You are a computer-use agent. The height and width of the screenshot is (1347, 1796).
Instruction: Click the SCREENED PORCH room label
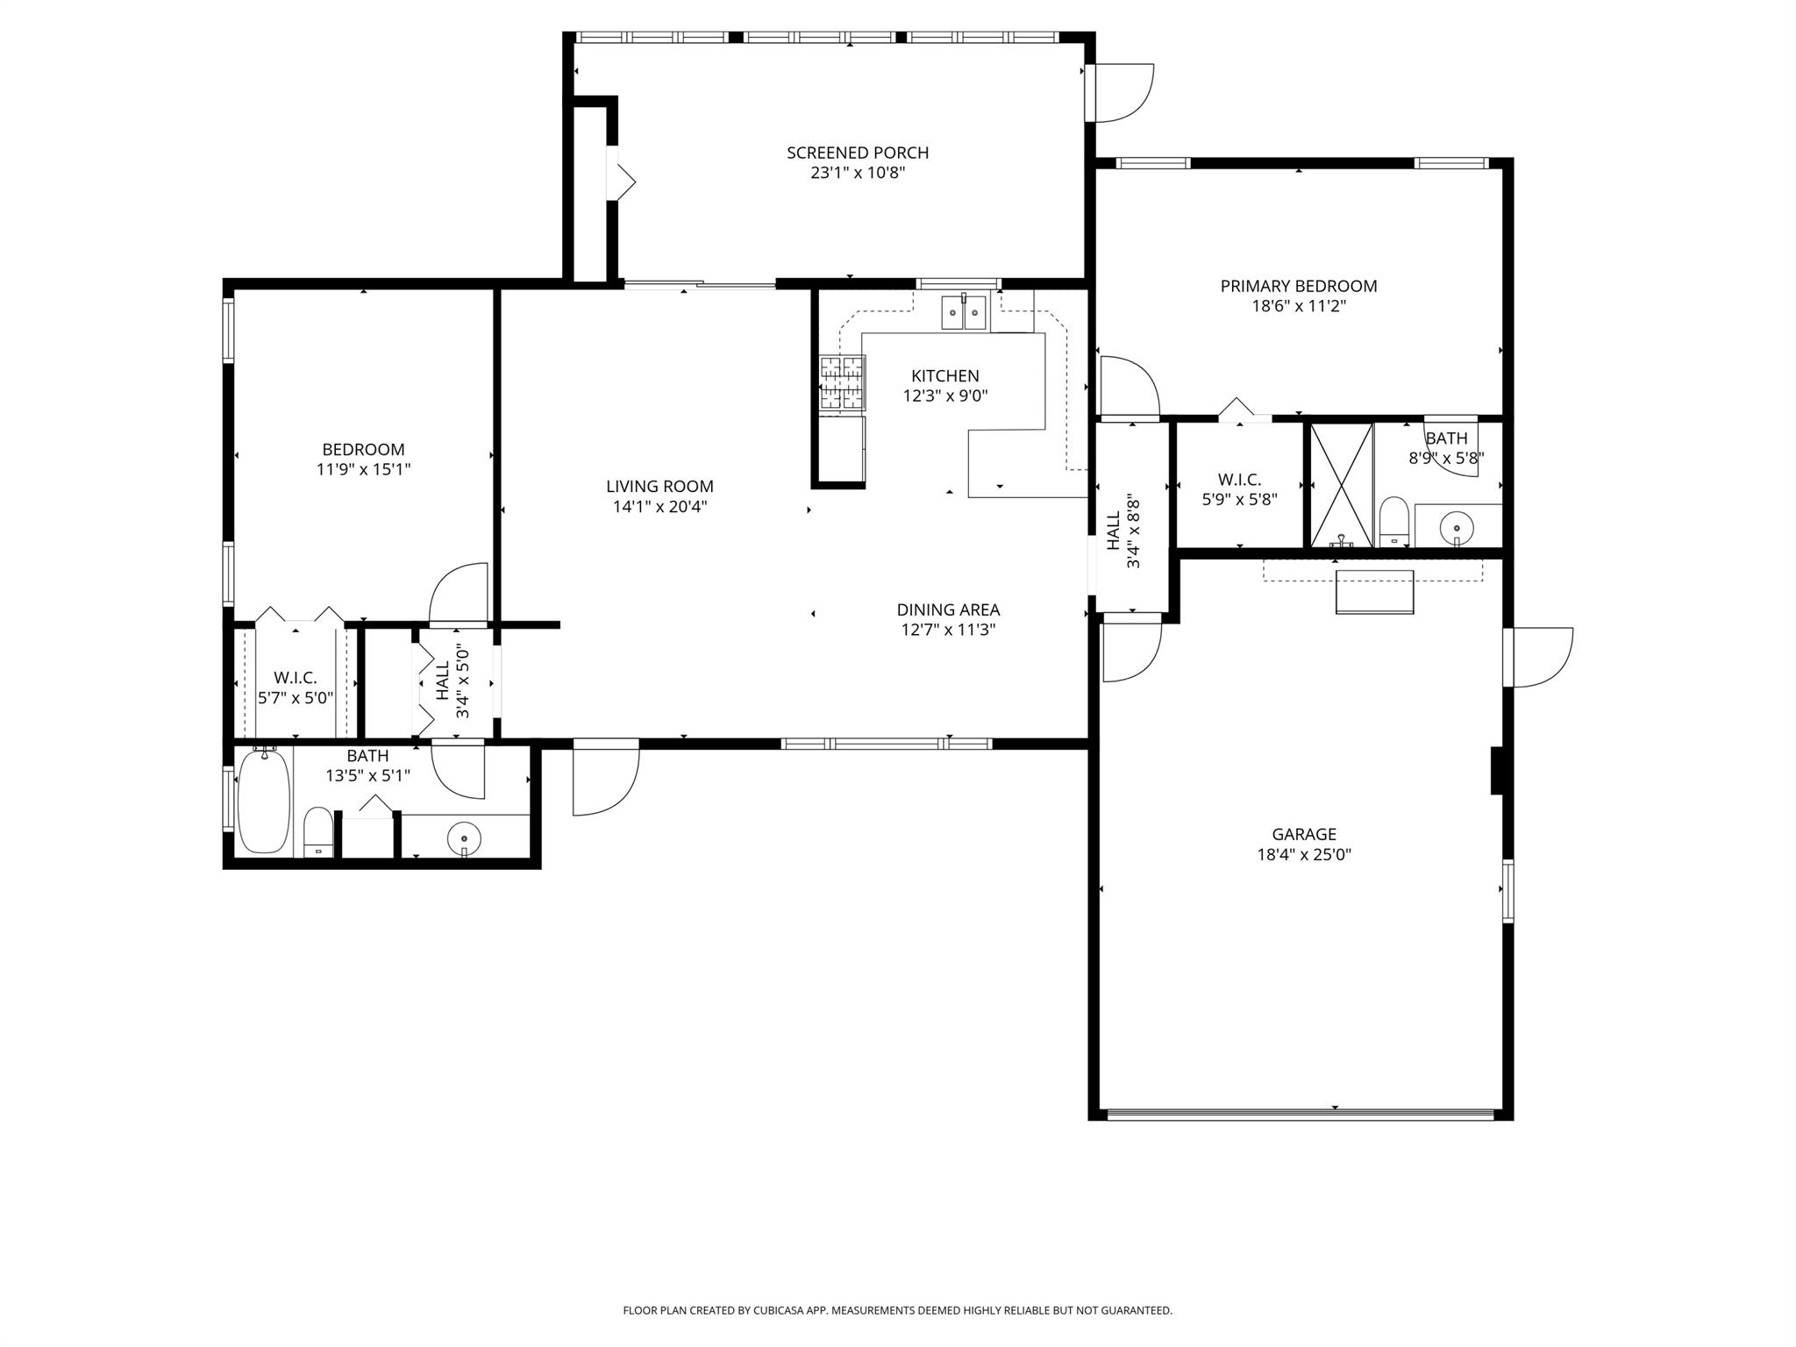[857, 153]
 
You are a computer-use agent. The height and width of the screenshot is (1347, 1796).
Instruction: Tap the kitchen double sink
[963, 312]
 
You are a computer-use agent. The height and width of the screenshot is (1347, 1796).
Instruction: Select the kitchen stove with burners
[842, 382]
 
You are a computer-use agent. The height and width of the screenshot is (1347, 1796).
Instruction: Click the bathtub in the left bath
[264, 802]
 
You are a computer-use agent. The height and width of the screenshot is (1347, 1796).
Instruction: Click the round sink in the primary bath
[1456, 528]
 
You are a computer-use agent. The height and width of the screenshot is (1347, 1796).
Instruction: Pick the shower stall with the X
[1341, 484]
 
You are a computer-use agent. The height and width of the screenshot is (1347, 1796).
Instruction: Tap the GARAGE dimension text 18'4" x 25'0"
[1303, 854]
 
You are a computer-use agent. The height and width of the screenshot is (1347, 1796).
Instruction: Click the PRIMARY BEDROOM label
[1298, 286]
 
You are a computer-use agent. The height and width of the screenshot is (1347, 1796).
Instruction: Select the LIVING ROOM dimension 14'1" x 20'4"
[659, 506]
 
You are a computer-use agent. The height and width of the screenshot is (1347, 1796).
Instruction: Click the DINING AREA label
[947, 609]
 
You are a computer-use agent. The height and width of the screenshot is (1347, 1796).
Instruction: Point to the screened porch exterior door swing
[1122, 93]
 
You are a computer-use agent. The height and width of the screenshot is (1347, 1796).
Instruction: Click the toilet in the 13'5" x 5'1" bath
[317, 831]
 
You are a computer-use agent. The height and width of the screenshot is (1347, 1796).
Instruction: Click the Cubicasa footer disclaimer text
[897, 1310]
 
